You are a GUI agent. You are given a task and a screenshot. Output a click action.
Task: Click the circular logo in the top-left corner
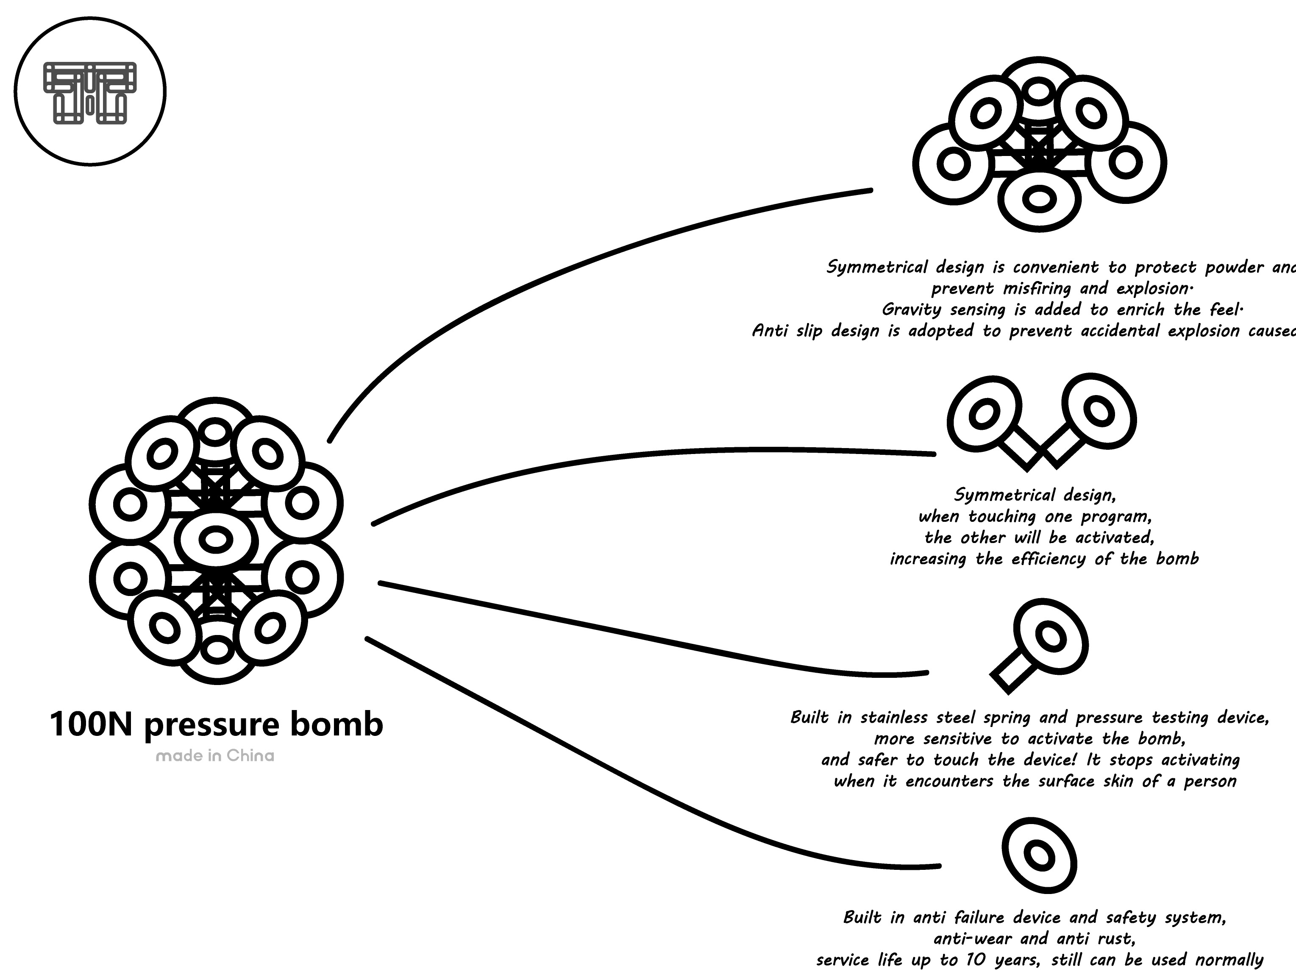coord(90,91)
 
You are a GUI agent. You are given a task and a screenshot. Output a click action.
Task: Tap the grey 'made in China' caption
coord(215,756)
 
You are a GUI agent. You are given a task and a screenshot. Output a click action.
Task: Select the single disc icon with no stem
coord(1039,855)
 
